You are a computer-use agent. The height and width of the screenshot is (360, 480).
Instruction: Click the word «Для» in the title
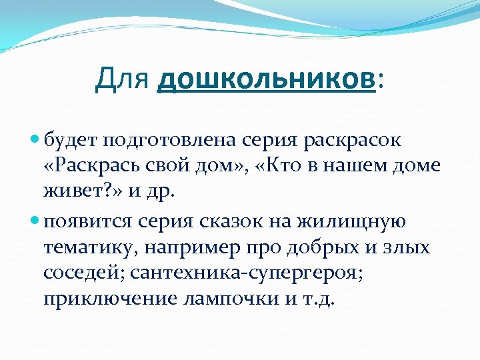click(x=123, y=81)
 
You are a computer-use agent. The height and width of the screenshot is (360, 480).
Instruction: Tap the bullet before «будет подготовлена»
click(x=36, y=140)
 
